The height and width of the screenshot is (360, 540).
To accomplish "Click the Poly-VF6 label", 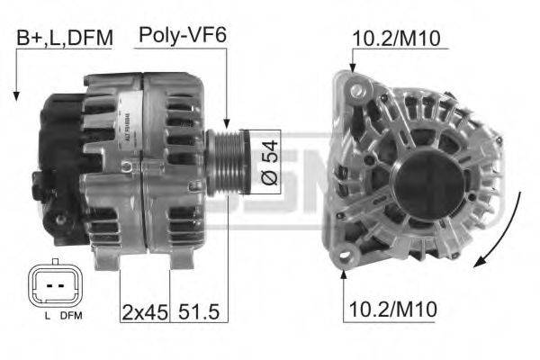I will [x=182, y=37].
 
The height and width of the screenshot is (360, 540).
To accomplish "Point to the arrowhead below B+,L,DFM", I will [x=16, y=95].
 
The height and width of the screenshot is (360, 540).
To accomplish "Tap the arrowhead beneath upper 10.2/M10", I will [x=353, y=68].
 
